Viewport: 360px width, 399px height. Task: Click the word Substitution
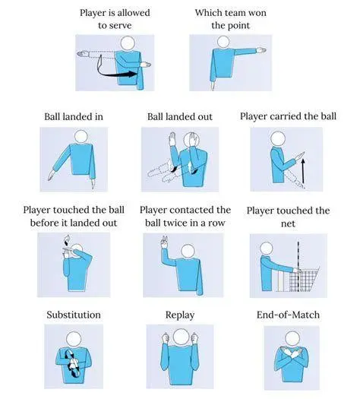[x=74, y=315]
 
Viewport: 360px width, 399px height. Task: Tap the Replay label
[x=180, y=315]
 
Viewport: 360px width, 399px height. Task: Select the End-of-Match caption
[x=288, y=315]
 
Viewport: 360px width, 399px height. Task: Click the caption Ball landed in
[x=74, y=116]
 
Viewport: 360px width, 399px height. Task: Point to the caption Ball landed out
[x=180, y=116]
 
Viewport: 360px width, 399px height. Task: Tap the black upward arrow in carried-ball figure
[x=303, y=171]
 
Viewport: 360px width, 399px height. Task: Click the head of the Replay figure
[x=182, y=336]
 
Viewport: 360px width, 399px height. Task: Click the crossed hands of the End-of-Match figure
[x=292, y=353]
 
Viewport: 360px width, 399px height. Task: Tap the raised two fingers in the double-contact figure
[x=165, y=242]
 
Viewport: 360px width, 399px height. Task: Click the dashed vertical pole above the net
[x=298, y=255]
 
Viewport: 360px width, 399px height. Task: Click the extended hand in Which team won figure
[x=261, y=50]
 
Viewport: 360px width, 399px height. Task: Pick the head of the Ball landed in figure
[x=81, y=137]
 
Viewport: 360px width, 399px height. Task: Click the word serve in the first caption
[x=122, y=26]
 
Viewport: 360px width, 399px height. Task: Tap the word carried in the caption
[x=286, y=116]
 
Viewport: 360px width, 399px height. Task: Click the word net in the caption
[x=288, y=223]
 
